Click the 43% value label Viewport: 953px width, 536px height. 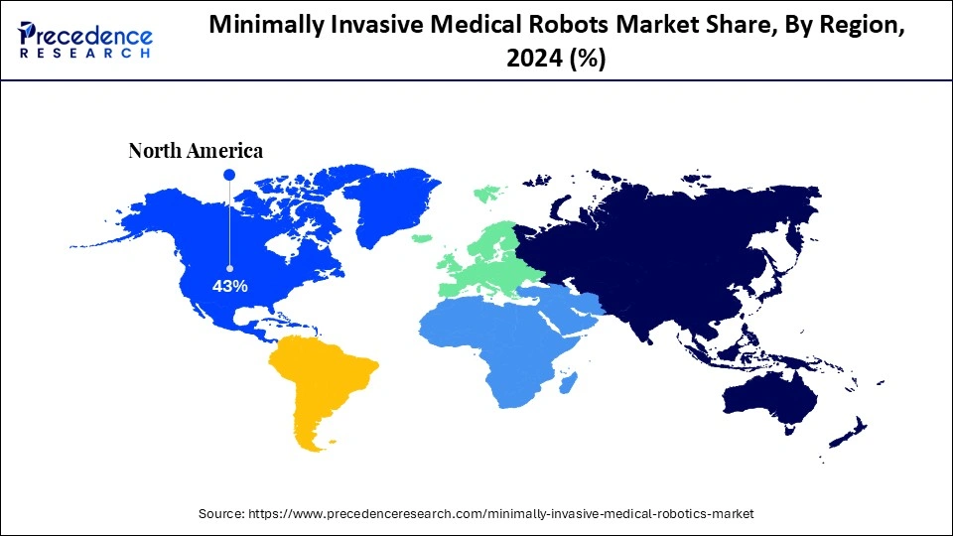229,286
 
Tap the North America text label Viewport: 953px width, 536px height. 196,151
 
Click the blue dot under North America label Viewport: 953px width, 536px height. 229,175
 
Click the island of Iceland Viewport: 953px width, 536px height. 421,238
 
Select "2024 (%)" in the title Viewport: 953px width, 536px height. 556,60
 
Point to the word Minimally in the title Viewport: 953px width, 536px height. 260,28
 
